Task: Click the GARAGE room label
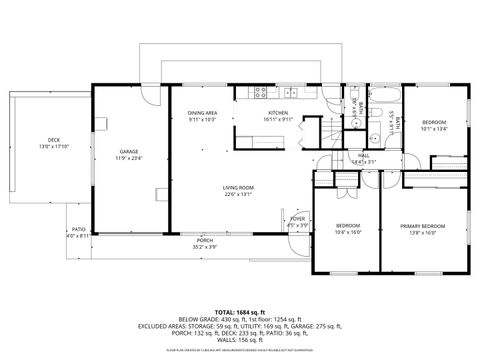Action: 129,151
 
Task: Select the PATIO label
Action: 78,229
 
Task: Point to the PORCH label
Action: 204,240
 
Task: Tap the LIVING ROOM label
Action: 238,188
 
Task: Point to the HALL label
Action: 365,155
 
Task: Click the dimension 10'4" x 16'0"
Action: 348,232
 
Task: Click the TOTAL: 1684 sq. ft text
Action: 240,313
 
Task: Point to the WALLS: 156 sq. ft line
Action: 240,341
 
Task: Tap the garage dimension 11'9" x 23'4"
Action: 129,157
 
